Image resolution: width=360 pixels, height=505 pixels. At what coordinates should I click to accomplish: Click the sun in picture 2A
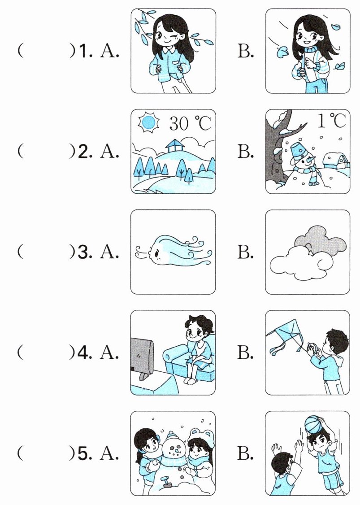click(148, 123)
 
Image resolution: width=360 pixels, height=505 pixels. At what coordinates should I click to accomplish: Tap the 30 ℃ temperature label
click(190, 123)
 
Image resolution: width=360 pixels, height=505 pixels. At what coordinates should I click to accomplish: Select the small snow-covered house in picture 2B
click(337, 161)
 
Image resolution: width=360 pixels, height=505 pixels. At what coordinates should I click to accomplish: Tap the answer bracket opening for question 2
click(20, 151)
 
